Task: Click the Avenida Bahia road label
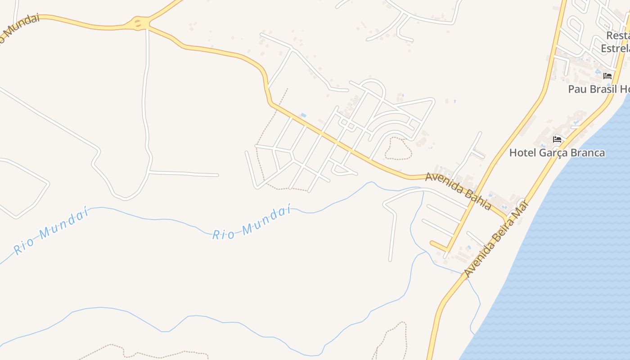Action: pos(459,191)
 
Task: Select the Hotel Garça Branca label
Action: pos(557,153)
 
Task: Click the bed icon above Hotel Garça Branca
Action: pos(557,139)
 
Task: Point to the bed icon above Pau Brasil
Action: pos(607,76)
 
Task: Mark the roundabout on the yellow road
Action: pos(140,22)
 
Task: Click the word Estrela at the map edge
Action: pos(616,48)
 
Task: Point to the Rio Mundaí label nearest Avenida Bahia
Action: pos(251,223)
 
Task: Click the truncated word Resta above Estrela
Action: pos(617,35)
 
